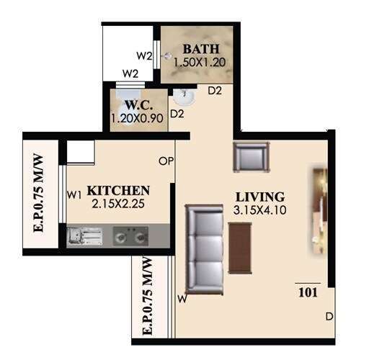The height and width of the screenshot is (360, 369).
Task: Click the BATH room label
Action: pos(197,49)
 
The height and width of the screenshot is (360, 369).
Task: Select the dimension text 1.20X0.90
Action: pos(138,117)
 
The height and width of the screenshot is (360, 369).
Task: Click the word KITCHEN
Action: pos(118,191)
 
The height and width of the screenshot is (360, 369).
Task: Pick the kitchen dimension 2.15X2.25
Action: pos(120,204)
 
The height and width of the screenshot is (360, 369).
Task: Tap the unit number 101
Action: pos(308,293)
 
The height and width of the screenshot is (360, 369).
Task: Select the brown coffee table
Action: pos(239,247)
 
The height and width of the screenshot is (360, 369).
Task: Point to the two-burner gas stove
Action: pos(131,235)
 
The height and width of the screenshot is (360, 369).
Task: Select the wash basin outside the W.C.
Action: pos(182,94)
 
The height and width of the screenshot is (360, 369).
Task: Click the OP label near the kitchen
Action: pos(166,161)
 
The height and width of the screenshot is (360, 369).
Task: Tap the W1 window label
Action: pos(74,194)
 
